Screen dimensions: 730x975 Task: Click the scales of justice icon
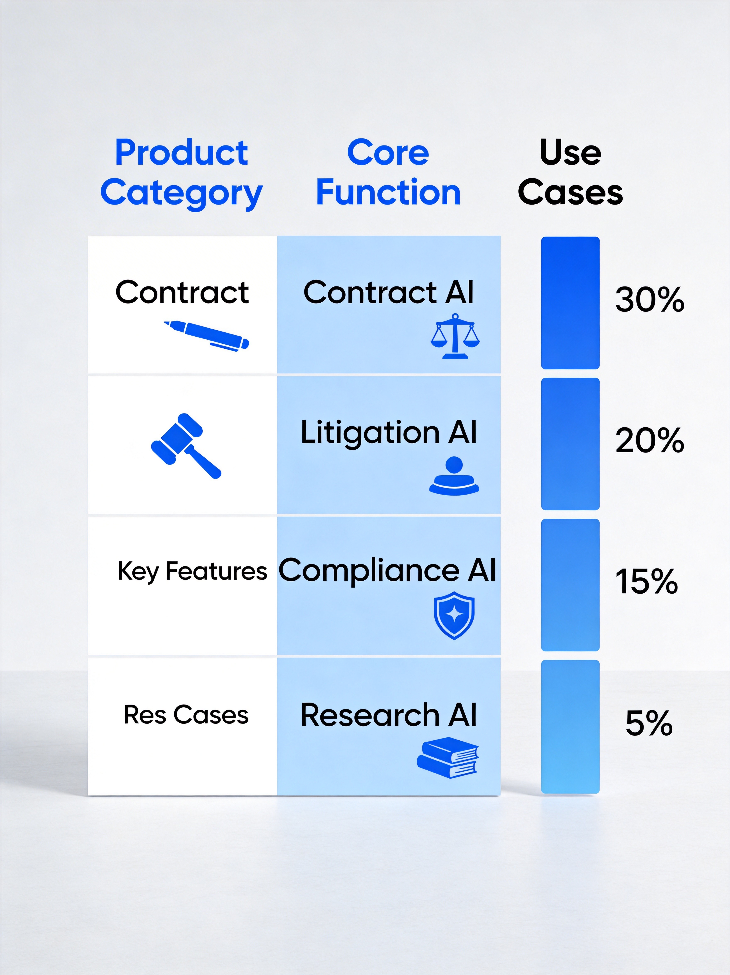(x=455, y=336)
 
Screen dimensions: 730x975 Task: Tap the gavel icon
(x=186, y=446)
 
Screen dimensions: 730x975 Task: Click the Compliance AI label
(x=387, y=570)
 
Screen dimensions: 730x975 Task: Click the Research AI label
(x=388, y=715)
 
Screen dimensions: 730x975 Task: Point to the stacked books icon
(x=448, y=758)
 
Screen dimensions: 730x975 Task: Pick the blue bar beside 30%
(x=570, y=303)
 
